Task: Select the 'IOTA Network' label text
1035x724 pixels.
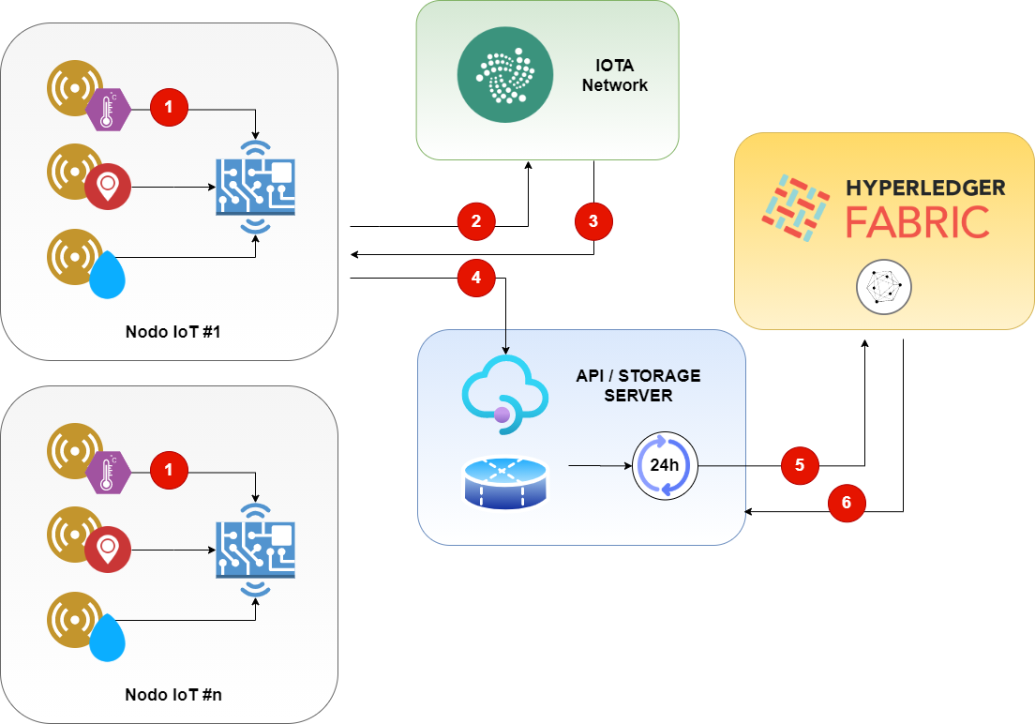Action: click(614, 76)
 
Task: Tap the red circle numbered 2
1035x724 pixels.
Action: click(476, 221)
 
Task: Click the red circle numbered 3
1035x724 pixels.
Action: click(593, 221)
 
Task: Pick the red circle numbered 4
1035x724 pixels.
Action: click(476, 278)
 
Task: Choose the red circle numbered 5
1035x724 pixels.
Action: click(800, 464)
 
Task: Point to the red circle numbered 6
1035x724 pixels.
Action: click(847, 503)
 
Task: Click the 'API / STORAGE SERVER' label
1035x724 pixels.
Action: click(638, 385)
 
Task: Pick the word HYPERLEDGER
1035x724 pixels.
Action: click(926, 188)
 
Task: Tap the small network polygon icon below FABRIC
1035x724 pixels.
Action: click(883, 287)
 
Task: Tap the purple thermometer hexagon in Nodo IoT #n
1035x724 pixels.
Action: click(108, 472)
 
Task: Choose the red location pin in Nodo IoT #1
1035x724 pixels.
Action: click(108, 187)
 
